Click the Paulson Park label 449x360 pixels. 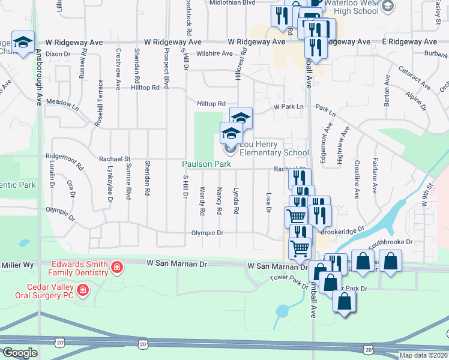(207, 164)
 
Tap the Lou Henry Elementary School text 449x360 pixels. (274, 148)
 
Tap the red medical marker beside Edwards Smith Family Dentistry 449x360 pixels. (117, 266)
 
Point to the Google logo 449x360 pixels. (20, 353)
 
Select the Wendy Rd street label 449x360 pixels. (203, 200)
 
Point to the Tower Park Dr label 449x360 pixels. (285, 278)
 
